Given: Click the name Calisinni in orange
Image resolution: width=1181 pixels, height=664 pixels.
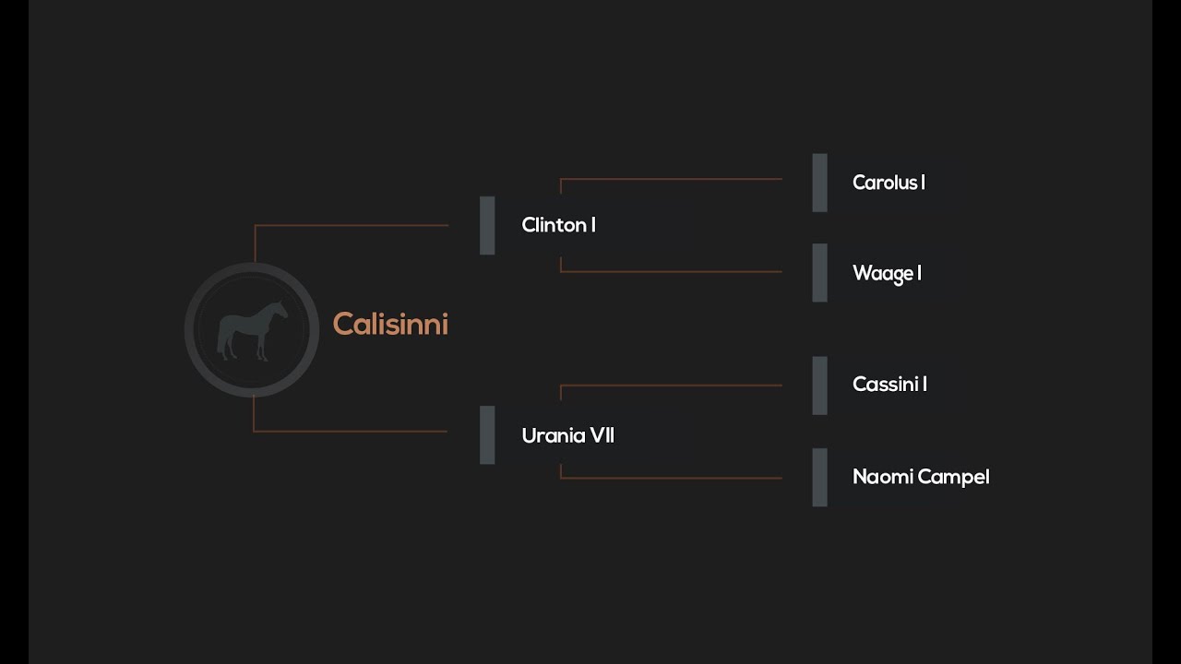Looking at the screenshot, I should [389, 325].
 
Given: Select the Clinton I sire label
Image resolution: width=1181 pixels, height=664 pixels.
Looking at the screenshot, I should [558, 225].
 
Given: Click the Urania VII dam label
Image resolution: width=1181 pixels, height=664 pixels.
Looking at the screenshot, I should [567, 435].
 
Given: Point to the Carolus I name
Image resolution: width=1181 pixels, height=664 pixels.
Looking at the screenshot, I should [889, 183].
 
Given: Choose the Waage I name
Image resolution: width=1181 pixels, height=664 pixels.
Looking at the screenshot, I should [887, 273].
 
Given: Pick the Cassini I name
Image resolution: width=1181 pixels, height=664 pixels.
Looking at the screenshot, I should [889, 385].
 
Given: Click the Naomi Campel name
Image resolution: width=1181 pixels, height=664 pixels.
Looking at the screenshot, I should [920, 477].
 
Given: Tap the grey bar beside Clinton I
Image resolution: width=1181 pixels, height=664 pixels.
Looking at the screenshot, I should [487, 225].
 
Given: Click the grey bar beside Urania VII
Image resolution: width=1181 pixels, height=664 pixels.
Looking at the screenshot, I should [487, 435].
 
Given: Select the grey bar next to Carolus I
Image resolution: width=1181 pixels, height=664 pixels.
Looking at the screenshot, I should [819, 183].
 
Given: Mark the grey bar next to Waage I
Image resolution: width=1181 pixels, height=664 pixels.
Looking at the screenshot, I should [819, 273].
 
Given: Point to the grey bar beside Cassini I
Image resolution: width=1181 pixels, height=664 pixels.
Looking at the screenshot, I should [819, 385].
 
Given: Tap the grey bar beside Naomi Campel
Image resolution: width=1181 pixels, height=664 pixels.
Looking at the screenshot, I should [819, 478].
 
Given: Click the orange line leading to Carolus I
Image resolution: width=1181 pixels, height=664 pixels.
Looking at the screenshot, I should [671, 179].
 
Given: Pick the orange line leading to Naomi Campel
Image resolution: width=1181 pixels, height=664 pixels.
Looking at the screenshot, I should [671, 478].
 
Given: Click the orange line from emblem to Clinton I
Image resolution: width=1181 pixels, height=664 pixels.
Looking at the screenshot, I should [351, 225].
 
